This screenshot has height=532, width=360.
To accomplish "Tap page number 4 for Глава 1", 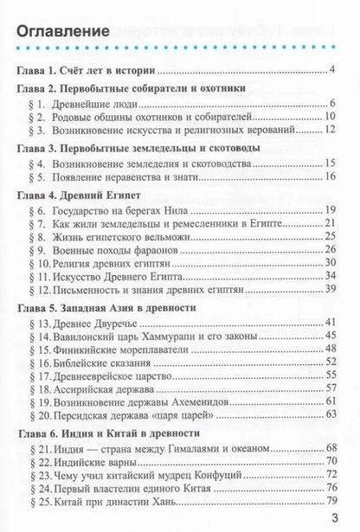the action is [333, 68].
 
